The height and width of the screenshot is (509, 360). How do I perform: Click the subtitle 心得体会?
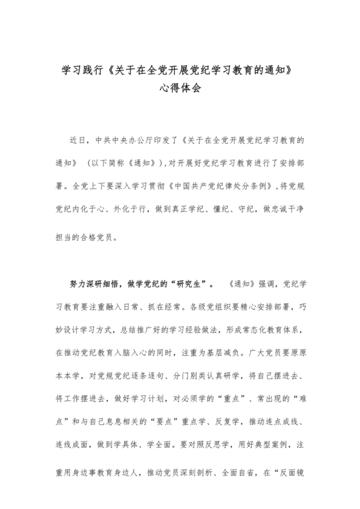click(180, 88)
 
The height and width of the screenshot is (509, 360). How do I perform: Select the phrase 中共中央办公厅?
click(134, 139)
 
